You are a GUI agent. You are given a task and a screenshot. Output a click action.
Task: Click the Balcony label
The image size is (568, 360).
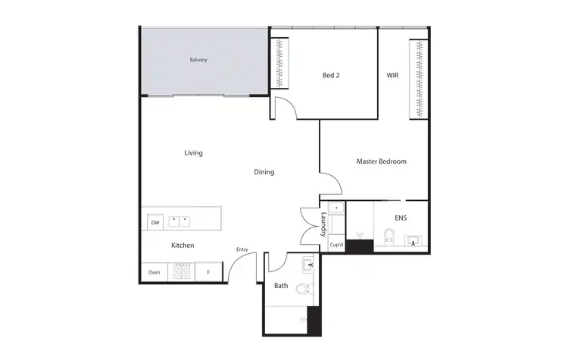[198, 59]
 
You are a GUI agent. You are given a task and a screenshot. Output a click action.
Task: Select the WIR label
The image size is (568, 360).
[392, 75]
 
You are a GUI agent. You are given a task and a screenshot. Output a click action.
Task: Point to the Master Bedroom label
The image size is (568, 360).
[382, 161]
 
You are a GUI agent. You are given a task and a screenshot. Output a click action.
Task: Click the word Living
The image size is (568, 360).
[194, 152]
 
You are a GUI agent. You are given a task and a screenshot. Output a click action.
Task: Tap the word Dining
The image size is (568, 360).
[264, 172]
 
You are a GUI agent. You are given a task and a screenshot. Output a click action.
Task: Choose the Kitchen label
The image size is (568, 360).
[183, 246]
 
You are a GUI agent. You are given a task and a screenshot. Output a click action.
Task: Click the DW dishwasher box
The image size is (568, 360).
[154, 223]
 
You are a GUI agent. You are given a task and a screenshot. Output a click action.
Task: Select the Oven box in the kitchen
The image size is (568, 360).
[154, 272]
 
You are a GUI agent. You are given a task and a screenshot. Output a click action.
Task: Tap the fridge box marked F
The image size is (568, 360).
[208, 272]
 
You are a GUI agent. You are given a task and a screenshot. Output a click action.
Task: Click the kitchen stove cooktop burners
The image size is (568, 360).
[183, 271]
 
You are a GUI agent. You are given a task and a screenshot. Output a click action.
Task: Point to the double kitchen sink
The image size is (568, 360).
[179, 222]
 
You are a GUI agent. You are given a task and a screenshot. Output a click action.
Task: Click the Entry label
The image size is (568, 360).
[242, 250]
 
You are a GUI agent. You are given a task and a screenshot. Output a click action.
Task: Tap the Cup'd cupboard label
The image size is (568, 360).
[336, 246]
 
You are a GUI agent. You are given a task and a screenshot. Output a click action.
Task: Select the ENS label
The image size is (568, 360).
[401, 218]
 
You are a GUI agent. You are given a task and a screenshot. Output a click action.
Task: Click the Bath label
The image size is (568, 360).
[281, 286]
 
